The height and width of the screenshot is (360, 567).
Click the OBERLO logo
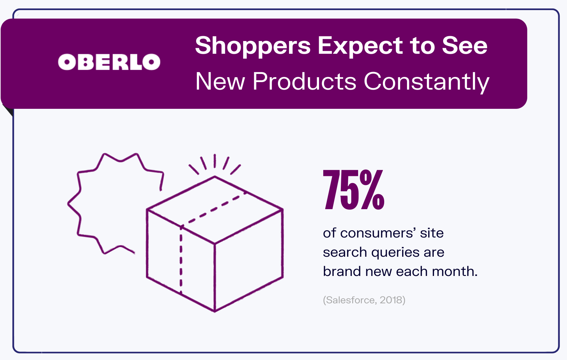[x=109, y=62]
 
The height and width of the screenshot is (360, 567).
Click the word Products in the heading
[x=305, y=81]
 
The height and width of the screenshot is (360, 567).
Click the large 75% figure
[x=354, y=190]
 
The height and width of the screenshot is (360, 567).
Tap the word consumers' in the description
[x=378, y=233]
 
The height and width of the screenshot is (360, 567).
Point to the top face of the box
[x=215, y=209]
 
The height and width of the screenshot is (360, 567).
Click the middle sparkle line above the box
[x=215, y=161]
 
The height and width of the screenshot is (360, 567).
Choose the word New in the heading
[x=220, y=81]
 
